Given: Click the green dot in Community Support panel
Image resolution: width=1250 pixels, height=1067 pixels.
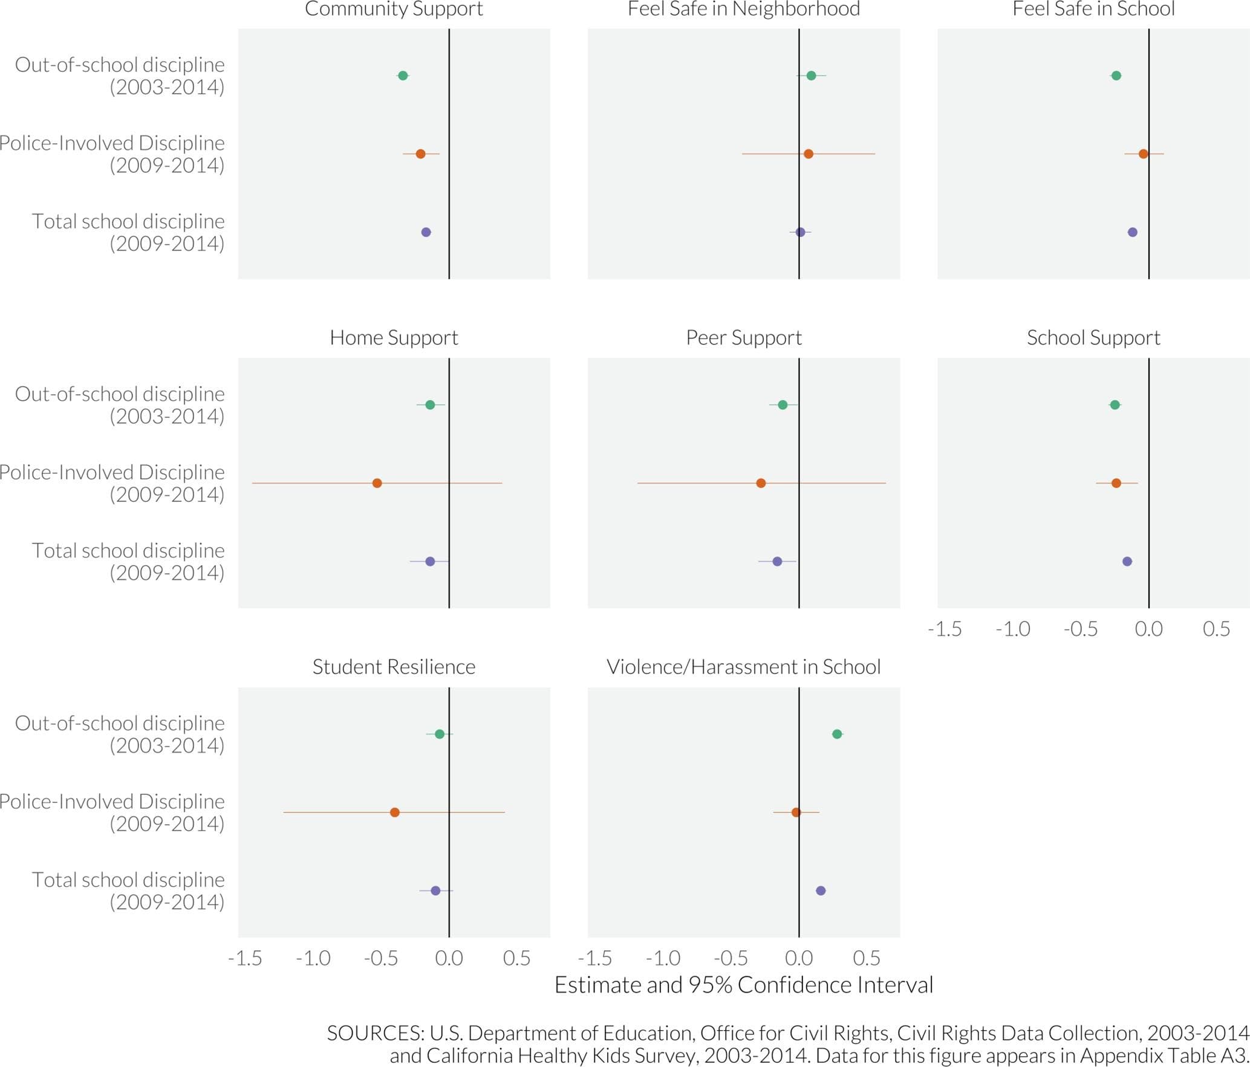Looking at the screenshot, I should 403,76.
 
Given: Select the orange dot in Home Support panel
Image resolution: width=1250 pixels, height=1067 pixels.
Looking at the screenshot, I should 377,483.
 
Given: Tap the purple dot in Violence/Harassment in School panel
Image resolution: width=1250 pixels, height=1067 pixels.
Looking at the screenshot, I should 821,890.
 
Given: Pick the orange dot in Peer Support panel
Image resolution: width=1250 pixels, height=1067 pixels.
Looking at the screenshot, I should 761,483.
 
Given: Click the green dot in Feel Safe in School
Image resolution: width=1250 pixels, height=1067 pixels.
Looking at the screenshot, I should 1116,76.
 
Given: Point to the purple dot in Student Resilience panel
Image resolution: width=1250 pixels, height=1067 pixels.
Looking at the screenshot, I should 435,890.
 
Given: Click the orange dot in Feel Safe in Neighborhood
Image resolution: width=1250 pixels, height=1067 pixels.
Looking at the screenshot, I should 809,154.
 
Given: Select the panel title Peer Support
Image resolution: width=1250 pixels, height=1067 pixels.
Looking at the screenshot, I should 743,337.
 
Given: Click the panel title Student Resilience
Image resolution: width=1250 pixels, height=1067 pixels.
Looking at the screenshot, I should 394,667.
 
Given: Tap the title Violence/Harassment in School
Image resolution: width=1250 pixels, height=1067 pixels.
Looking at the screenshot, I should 743,667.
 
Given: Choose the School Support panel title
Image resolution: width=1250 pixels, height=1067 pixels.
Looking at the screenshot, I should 1093,337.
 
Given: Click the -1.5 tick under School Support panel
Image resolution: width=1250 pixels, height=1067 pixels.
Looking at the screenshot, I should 945,629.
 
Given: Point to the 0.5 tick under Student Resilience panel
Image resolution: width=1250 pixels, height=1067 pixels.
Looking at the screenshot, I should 516,958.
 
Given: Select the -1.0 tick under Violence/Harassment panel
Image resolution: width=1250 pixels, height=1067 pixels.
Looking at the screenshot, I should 663,958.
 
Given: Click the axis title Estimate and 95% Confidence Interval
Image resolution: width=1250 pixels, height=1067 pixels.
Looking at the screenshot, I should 743,985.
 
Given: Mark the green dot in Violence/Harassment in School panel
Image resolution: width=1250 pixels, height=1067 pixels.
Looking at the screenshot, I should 837,734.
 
